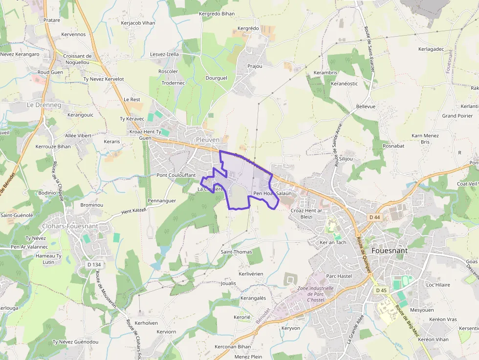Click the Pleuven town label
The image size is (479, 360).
coord(207,140)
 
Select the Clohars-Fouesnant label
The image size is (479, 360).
coord(70,226)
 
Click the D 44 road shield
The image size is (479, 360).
coord(374,217)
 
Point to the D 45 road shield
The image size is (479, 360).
coord(381,290)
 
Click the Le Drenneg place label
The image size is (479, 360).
coord(44,105)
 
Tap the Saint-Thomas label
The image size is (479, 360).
coord(236,252)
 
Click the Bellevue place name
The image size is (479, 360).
coord(366,106)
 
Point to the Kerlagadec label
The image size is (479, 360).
coord(431,49)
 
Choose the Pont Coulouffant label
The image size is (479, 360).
coord(176,175)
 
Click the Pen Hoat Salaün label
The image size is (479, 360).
coord(272,193)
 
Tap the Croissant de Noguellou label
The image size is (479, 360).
coord(77,59)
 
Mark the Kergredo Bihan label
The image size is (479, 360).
coord(217,14)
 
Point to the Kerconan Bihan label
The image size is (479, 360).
coord(233,347)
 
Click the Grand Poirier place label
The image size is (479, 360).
coord(457,116)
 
